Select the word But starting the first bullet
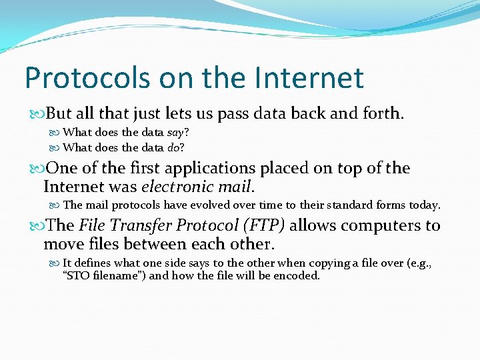58,113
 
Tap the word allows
313,225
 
